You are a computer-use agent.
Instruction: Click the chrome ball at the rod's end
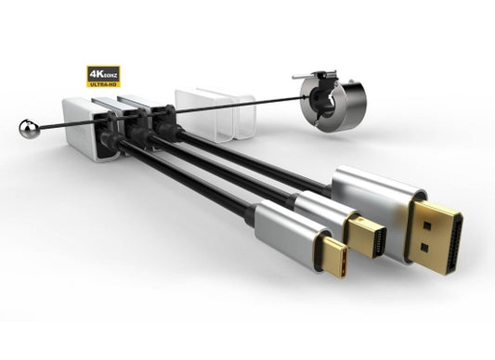pos(29,128)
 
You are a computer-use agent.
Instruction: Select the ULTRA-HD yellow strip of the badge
pos(103,84)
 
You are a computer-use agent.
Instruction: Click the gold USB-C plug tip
pos(331,256)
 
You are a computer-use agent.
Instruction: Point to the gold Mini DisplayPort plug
pos(366,236)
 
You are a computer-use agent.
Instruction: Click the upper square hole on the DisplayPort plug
pos(427,225)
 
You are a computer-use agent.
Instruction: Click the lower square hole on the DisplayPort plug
pos(425,248)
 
